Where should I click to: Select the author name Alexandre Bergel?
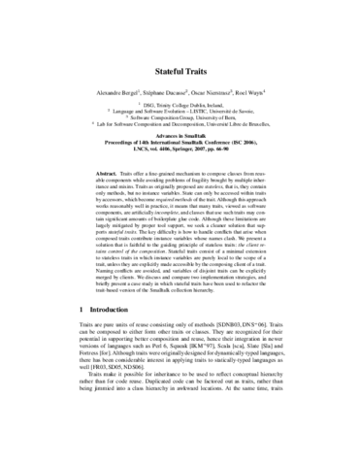pos(106,93)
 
